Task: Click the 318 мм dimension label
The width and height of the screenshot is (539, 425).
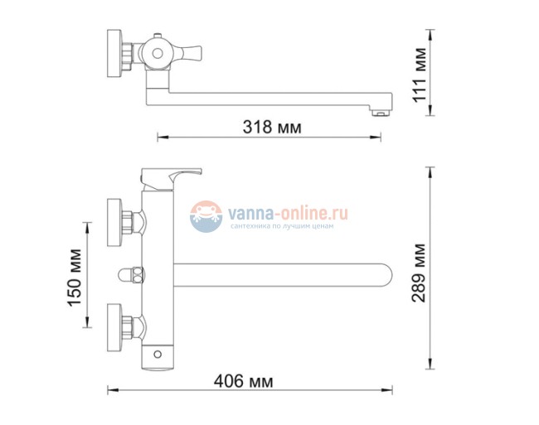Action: pyautogui.click(x=273, y=127)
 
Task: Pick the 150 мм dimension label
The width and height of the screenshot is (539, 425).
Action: pyautogui.click(x=74, y=276)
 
